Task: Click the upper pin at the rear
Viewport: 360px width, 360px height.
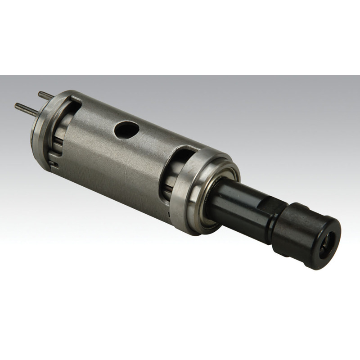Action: (45, 96)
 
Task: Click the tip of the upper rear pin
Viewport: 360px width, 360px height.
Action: (40, 93)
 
